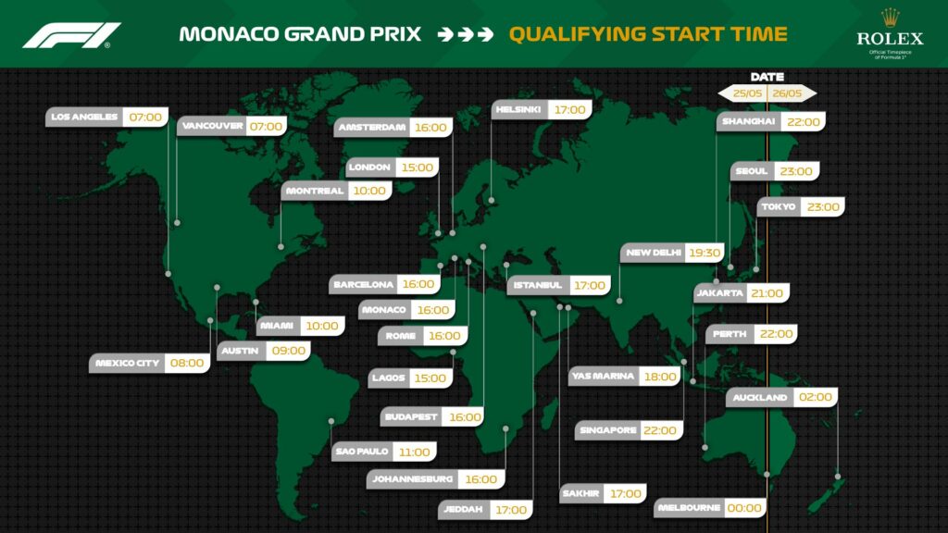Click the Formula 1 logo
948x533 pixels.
click(x=71, y=35)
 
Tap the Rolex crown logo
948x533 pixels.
click(x=890, y=18)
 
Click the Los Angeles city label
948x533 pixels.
click(x=84, y=118)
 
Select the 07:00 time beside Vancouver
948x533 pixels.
click(x=266, y=126)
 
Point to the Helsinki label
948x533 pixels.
click(x=518, y=109)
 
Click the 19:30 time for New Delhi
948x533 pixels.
click(x=705, y=253)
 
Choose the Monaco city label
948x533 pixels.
click(x=384, y=310)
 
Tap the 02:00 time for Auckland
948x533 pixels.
click(x=816, y=397)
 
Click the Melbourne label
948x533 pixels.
click(x=689, y=508)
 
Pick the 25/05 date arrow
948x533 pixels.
click(x=742, y=93)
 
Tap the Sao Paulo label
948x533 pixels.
click(x=362, y=452)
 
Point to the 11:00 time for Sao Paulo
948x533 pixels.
click(x=415, y=452)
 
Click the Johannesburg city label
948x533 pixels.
click(x=412, y=479)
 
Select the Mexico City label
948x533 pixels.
click(x=127, y=363)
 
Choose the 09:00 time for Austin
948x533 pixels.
click(x=289, y=351)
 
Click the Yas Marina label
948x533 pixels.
click(x=604, y=376)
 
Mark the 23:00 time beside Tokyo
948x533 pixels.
click(x=823, y=206)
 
